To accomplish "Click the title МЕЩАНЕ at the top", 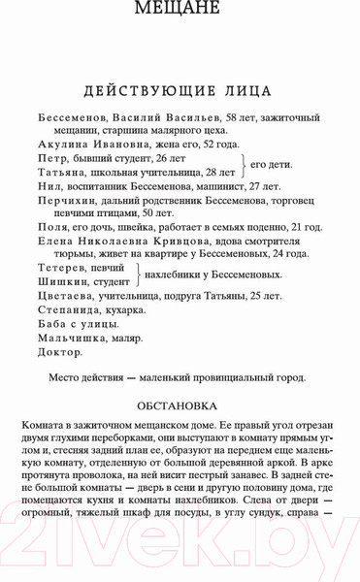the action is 180,11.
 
